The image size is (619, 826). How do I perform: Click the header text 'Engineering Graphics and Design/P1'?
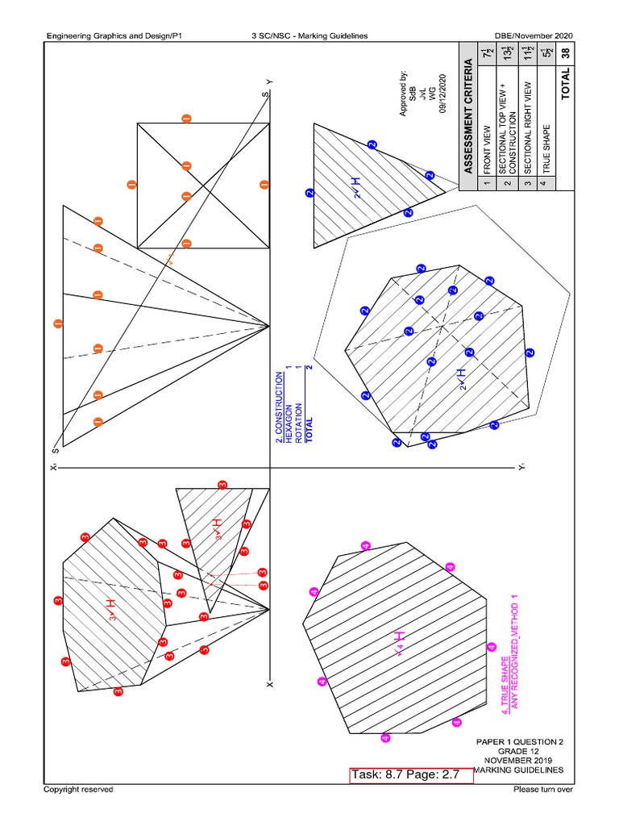115,36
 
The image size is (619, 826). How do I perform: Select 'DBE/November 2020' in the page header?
534,36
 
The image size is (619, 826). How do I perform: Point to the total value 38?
567,53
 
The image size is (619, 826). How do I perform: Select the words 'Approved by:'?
404,94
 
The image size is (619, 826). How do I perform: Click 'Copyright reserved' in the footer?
78,789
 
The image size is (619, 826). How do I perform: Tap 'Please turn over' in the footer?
542,789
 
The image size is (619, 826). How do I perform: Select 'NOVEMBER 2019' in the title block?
519,760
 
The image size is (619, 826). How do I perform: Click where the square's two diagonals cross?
187,185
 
